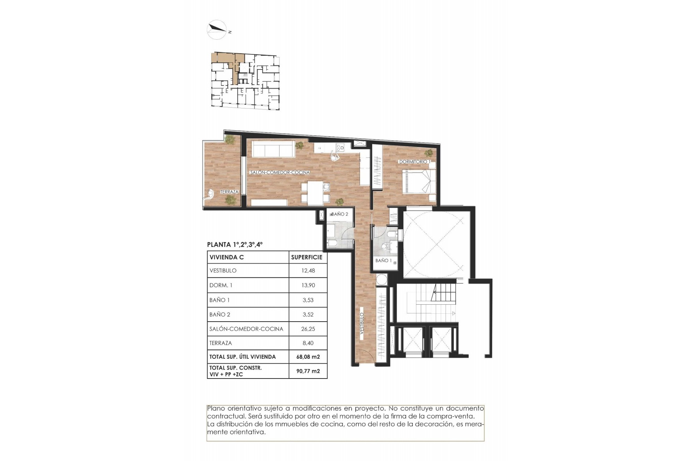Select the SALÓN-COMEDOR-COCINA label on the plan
click(280, 173)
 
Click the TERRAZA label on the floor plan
click(229, 192)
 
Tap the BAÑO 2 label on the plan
click(340, 214)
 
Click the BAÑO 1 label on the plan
click(383, 260)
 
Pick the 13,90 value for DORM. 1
click(308, 285)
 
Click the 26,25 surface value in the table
click(308, 329)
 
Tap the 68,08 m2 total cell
click(308, 357)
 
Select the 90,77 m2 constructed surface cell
click(308, 371)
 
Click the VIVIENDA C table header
click(227, 257)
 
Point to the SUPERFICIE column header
click(307, 257)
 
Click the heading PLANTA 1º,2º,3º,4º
click(235, 245)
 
